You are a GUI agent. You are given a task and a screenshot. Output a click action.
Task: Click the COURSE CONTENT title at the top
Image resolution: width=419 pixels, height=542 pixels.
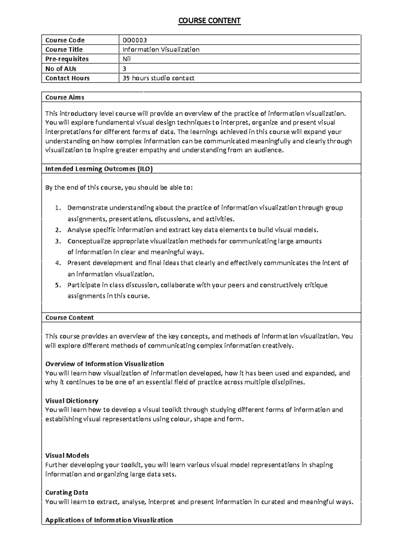point(209,21)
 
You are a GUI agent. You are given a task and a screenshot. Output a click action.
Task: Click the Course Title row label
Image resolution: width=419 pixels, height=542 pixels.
point(64,50)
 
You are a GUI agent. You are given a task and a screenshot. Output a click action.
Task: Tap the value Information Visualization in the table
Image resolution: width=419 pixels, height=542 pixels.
point(161,50)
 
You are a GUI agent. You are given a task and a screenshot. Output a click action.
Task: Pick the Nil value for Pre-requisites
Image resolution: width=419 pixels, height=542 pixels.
point(126,59)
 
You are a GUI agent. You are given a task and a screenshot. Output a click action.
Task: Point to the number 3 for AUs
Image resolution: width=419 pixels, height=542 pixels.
point(124,69)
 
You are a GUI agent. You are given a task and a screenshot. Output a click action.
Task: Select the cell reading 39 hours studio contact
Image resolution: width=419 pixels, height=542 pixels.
point(158,78)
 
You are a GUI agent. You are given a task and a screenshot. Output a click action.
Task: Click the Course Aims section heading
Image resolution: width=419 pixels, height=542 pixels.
point(65,97)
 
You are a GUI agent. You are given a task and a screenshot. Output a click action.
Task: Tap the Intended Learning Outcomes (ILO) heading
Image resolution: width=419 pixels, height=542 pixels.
point(99,169)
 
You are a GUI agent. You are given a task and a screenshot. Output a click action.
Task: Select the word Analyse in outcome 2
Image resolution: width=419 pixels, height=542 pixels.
point(78,230)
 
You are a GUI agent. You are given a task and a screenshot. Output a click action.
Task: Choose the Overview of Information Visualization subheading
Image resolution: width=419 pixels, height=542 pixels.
point(104,364)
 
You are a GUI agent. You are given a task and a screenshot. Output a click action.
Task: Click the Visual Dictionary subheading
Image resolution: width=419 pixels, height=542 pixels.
point(72,401)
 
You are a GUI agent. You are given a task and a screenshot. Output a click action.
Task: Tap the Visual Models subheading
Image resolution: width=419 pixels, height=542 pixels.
point(67,455)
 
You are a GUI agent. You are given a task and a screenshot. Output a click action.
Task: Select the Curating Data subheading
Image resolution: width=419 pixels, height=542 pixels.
point(67,492)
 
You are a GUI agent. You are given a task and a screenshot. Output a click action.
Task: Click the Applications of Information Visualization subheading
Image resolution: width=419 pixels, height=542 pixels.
point(109,520)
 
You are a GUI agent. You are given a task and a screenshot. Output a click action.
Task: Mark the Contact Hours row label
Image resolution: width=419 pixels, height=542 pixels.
point(67,78)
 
